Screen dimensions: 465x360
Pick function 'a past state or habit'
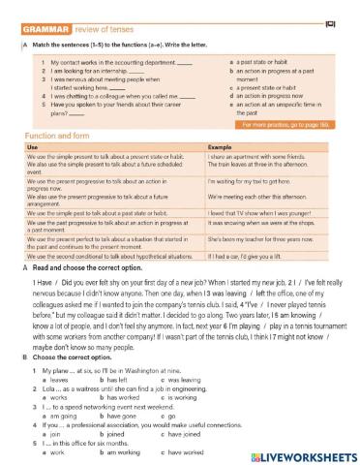click(x=267, y=62)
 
